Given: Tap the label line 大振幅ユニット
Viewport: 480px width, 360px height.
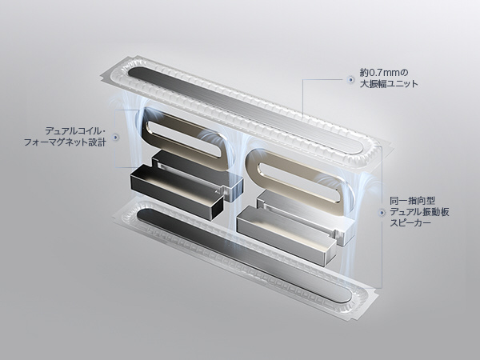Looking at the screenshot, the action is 389,83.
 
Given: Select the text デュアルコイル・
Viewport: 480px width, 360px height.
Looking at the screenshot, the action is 75,131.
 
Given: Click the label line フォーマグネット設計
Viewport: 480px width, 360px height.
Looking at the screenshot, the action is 65,142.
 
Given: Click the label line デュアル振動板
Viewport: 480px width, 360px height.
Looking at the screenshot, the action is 419,212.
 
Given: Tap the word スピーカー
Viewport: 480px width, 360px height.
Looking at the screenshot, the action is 410,222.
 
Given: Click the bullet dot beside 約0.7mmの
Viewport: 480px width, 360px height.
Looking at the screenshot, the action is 350,79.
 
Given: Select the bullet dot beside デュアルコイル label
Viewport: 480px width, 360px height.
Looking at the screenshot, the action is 115,138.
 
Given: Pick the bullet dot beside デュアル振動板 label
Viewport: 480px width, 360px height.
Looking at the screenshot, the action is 382,212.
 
